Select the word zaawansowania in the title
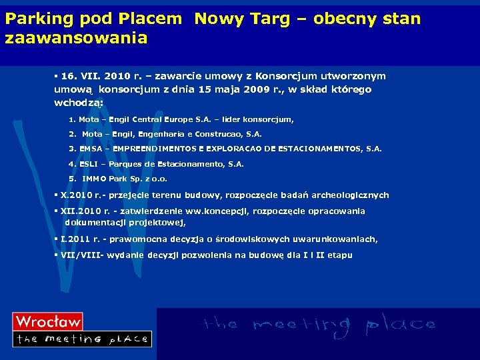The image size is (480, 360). click(76, 39)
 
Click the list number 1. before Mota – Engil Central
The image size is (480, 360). click(72, 120)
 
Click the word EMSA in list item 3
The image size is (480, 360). click(91, 149)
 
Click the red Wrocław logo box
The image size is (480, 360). click(48, 322)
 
